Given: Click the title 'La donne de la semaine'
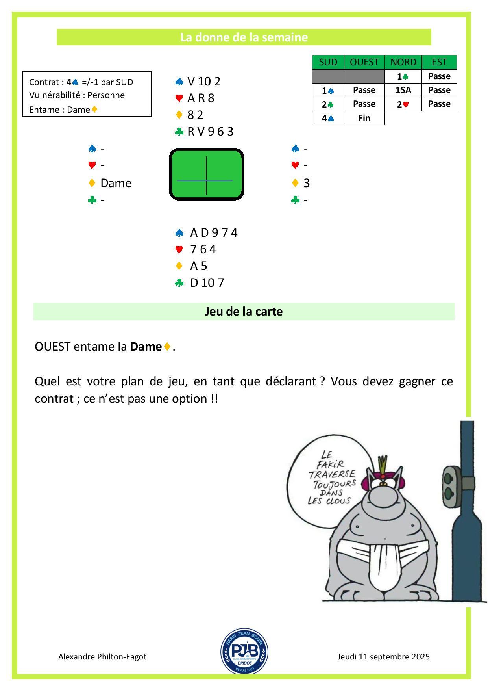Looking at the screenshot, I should [244, 37].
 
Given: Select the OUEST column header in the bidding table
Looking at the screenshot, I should [364, 62].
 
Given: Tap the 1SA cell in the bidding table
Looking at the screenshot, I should [403, 90].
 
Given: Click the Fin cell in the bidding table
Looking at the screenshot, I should [364, 118].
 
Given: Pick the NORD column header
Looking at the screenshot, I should [403, 62].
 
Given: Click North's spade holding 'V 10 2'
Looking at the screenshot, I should [204, 82].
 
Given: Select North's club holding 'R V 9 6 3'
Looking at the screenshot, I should [210, 132].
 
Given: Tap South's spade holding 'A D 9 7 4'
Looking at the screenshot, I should [214, 233].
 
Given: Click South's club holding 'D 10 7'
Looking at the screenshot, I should [207, 283].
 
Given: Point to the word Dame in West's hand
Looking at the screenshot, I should [116, 183].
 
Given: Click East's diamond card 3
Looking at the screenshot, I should [307, 183].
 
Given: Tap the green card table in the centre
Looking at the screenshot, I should [207, 175].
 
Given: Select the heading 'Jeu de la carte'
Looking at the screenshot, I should [244, 312].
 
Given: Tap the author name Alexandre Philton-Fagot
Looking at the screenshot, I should [102, 657].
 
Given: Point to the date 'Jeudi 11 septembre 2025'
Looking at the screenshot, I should [383, 657].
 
